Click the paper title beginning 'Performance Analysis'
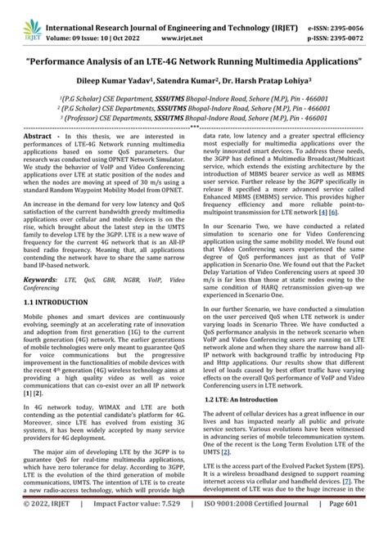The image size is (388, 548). (193, 62)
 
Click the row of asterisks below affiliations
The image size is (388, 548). (193, 128)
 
